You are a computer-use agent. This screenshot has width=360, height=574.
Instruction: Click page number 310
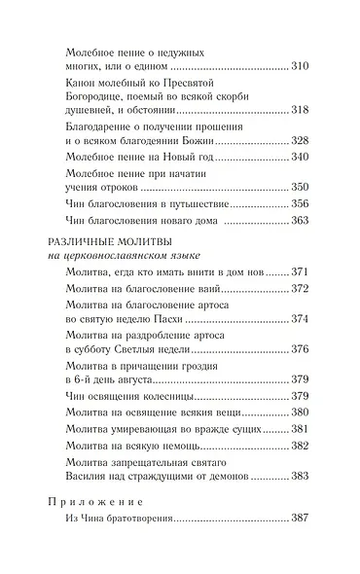301,66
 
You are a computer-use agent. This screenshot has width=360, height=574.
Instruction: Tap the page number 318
301,109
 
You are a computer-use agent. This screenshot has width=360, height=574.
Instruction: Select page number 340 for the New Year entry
301,157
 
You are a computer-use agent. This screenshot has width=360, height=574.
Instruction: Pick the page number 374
301,318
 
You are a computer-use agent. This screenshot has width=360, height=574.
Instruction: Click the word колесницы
169,397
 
